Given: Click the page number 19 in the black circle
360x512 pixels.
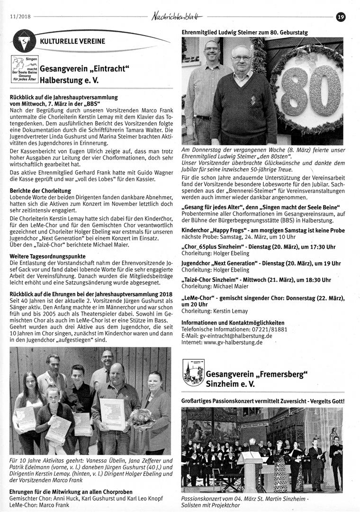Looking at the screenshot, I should (x=340, y=17).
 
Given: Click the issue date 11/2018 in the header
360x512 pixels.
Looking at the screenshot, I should (x=19, y=17).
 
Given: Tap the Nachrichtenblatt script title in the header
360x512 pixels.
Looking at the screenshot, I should (x=185, y=17).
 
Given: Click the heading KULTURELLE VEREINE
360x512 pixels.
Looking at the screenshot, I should (x=73, y=42).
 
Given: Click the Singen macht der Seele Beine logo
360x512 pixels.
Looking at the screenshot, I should (x=24, y=70).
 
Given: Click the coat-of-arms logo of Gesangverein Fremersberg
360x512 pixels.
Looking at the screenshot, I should (x=192, y=373).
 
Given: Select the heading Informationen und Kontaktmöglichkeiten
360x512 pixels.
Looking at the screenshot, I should (x=233, y=322).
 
